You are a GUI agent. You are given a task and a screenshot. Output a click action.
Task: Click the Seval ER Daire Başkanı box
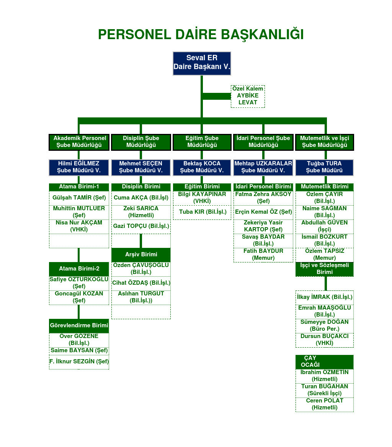(x=202, y=63)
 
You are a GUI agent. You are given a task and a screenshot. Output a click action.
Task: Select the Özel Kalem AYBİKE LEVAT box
(x=248, y=96)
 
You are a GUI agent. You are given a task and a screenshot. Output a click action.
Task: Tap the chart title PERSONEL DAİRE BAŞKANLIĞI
(x=201, y=35)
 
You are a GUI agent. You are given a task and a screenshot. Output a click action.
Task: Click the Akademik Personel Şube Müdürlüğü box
(x=79, y=142)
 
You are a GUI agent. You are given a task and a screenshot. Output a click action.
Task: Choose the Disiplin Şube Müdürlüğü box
(x=141, y=142)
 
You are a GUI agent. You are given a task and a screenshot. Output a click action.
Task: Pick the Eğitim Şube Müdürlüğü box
(x=202, y=142)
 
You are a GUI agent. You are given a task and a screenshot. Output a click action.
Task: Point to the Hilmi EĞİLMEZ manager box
(x=79, y=167)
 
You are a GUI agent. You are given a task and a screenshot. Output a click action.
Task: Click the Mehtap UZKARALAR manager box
(x=263, y=167)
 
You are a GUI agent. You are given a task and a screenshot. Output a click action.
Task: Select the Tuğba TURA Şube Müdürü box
(x=324, y=167)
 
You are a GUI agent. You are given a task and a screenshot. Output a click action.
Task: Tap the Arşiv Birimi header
(x=141, y=254)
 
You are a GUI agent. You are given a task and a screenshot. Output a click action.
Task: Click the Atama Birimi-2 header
(x=79, y=269)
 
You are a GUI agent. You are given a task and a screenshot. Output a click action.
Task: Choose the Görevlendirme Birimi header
(x=79, y=325)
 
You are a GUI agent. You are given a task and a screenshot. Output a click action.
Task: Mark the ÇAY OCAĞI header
(x=324, y=361)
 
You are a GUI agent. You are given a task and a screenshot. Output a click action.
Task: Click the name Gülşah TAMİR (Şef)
(x=79, y=198)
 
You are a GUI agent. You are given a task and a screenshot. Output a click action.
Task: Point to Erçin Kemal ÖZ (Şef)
(x=263, y=212)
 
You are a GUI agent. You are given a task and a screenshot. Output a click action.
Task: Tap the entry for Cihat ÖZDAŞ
(x=141, y=283)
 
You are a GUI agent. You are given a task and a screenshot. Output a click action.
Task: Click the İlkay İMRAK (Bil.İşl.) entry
(x=325, y=297)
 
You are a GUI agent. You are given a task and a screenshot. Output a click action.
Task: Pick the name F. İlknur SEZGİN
(x=79, y=361)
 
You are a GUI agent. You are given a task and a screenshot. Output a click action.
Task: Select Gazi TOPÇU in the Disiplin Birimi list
(x=141, y=226)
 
